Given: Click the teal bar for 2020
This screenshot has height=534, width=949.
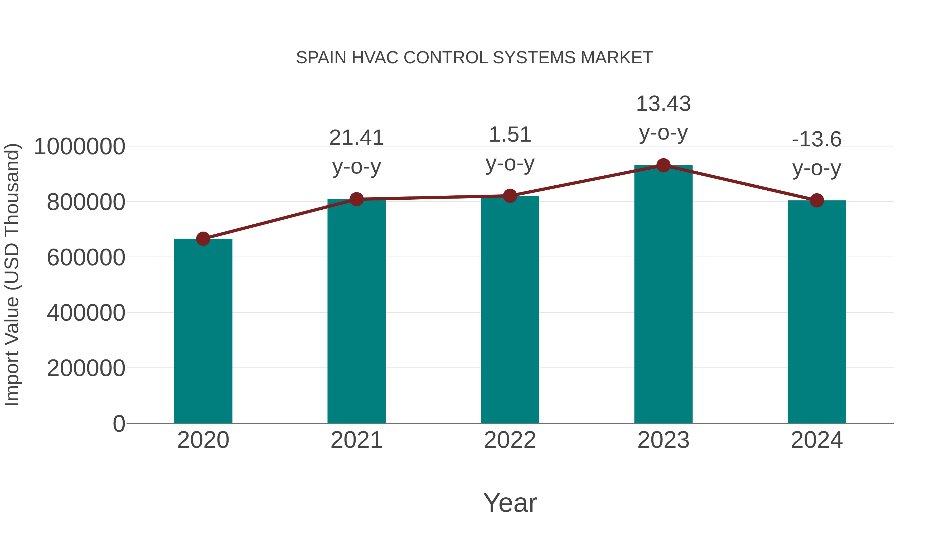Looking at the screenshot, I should click(x=203, y=332).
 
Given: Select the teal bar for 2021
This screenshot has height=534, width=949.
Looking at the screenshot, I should click(x=356, y=313).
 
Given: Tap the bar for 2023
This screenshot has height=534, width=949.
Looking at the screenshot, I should click(x=663, y=295).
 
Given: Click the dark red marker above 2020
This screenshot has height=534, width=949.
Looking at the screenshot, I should click(x=203, y=239).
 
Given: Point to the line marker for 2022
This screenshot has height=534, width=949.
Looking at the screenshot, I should click(x=510, y=196).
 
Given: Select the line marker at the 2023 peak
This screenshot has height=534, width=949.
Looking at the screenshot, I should click(x=663, y=165).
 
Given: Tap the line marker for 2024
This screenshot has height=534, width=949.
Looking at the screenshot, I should click(x=817, y=200).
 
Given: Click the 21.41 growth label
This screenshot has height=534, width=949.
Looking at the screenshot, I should click(x=356, y=138).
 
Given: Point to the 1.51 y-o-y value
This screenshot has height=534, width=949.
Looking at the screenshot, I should click(x=510, y=134).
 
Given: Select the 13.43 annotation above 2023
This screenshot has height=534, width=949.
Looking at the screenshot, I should click(x=663, y=104).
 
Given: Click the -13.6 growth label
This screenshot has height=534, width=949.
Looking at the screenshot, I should click(x=817, y=140).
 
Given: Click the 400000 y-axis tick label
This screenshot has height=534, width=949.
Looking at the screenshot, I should click(x=86, y=313).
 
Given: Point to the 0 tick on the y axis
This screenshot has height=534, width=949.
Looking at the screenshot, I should click(x=119, y=424).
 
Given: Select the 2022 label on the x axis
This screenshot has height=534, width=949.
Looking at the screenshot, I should click(x=510, y=440).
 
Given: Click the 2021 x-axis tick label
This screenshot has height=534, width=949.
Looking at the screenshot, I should click(x=356, y=440).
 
